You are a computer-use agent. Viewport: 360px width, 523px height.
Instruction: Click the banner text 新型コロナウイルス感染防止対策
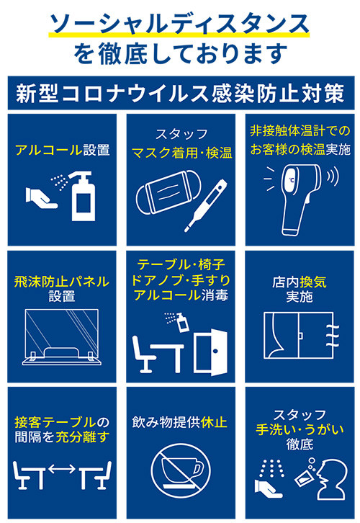click(x=180, y=93)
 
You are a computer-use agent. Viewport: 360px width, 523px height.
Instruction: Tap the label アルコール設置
click(x=63, y=150)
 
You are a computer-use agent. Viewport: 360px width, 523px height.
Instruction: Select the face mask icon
click(x=168, y=192)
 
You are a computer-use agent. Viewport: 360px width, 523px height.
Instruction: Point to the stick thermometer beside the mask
click(x=206, y=206)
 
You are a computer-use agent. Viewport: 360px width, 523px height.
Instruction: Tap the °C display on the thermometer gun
click(x=292, y=180)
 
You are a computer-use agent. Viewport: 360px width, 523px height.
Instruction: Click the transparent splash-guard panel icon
click(x=62, y=337)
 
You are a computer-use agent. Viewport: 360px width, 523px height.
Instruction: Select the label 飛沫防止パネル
click(x=62, y=282)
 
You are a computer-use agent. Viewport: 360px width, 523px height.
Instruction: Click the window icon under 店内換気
click(x=298, y=335)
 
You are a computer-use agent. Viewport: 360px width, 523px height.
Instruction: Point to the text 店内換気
click(x=299, y=282)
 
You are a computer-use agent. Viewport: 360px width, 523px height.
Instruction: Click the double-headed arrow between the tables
click(x=62, y=469)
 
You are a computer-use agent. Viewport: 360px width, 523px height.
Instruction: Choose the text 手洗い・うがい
click(x=300, y=429)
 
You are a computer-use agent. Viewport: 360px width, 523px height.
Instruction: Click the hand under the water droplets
click(x=268, y=489)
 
